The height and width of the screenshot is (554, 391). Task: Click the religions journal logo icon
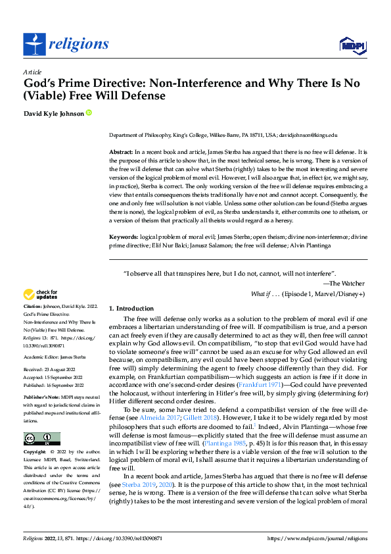click(34, 44)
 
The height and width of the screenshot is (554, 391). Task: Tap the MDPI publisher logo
click(352, 44)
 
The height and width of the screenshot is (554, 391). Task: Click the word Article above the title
click(32, 71)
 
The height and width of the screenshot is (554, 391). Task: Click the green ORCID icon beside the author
click(89, 113)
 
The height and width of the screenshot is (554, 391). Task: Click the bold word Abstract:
click(121, 151)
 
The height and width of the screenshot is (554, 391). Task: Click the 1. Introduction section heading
click(131, 308)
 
